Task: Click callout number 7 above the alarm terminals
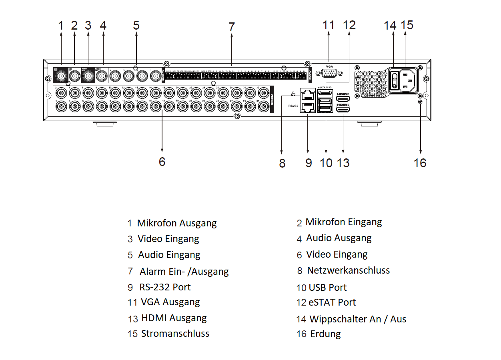point(231,27)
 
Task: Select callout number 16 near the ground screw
point(420,163)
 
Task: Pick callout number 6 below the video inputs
point(162,162)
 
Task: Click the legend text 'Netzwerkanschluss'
point(348,270)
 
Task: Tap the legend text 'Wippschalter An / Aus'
point(358,319)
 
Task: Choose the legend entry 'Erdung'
point(325,334)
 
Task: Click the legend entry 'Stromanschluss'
point(175,334)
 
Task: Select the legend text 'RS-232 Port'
point(165,287)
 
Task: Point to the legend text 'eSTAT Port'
point(332,302)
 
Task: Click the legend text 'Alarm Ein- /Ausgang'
point(184,272)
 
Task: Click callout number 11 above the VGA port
point(328,25)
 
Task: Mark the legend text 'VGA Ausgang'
point(170,302)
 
